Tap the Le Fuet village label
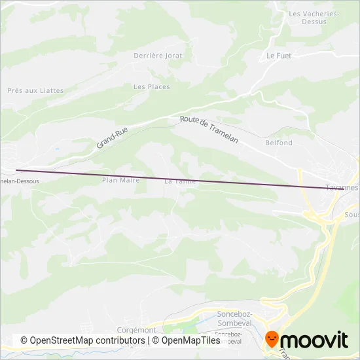[x=278, y=56]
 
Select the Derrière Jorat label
[x=158, y=56]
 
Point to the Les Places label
[x=151, y=86]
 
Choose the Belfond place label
[x=279, y=143]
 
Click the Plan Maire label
[x=121, y=179]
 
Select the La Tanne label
[x=180, y=181]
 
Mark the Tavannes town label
[x=344, y=188]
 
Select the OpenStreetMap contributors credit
[x=82, y=340]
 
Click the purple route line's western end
[x=16, y=171]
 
